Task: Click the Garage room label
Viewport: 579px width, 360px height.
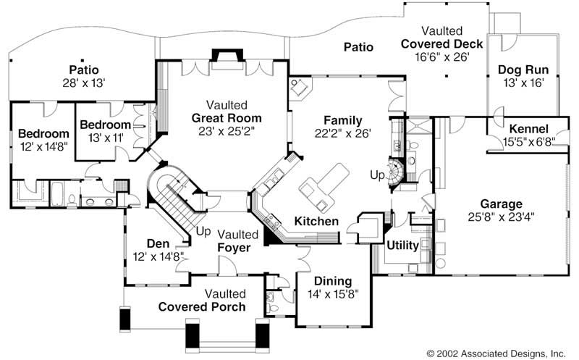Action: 501,204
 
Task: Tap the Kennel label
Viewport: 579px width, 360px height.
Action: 529,129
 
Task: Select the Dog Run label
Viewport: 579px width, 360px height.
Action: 523,70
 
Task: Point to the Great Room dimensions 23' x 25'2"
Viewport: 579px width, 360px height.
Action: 227,131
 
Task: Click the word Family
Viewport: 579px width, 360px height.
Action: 343,120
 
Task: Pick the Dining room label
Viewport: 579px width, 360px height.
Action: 333,281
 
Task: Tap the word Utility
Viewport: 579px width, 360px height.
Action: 402,246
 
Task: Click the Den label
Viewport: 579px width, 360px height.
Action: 158,243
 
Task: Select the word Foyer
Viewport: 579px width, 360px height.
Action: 234,248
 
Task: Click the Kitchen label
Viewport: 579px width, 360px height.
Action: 316,222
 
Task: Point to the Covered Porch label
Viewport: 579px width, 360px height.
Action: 202,307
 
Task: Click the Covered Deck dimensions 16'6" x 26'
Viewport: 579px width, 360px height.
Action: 442,57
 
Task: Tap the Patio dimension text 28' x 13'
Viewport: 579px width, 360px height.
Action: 84,83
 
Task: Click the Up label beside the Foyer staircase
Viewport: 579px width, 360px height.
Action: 203,231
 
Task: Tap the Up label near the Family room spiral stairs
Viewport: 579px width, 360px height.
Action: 377,175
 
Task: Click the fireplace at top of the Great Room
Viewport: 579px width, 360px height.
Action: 227,59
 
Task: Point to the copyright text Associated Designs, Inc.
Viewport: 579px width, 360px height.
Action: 513,353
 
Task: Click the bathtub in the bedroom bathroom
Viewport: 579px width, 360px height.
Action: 57,193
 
